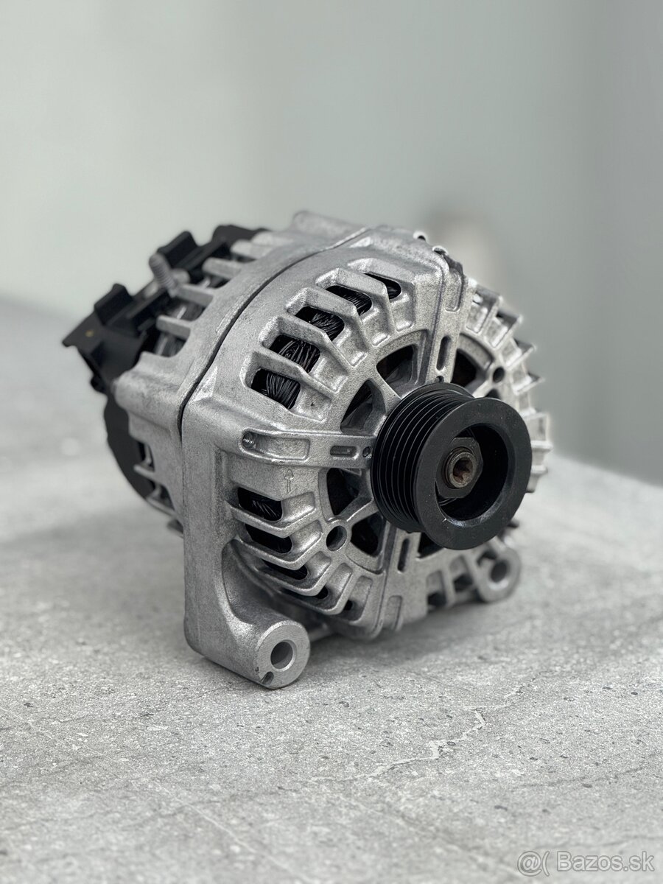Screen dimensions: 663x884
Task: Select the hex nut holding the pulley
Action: tap(459, 468)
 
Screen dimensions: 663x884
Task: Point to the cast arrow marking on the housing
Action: tap(288, 480)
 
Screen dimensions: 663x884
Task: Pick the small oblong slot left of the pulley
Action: tap(342, 450)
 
